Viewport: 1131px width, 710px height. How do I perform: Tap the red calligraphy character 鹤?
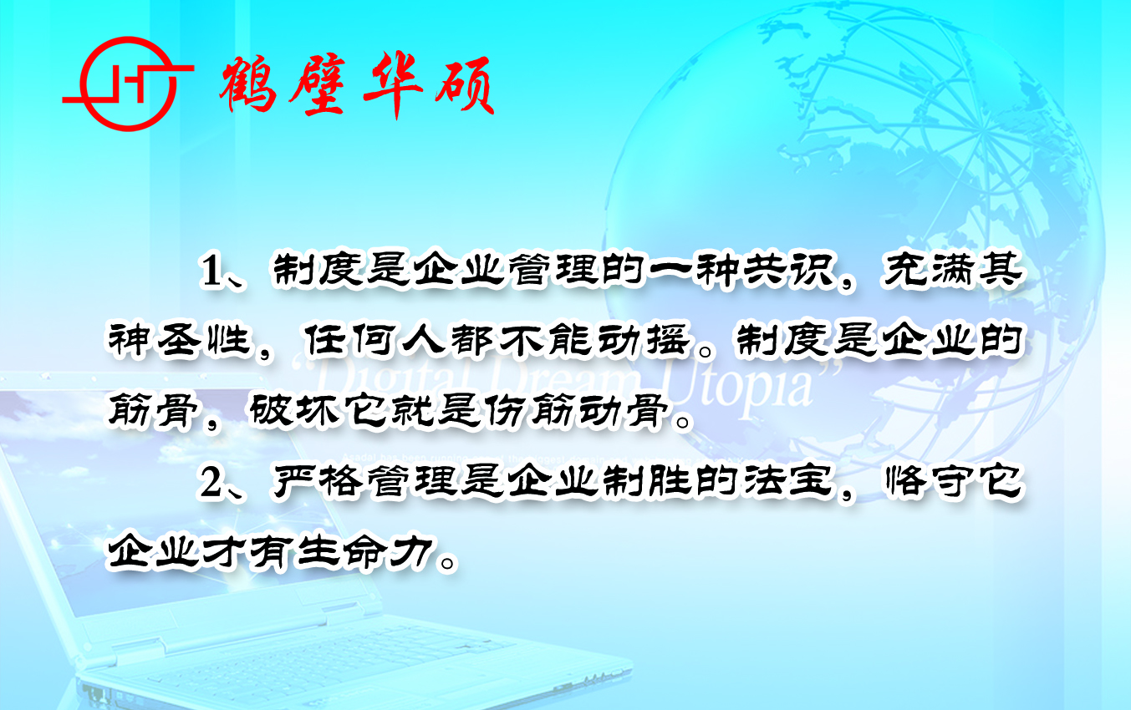[x=248, y=84]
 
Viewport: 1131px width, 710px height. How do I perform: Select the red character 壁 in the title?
[x=319, y=84]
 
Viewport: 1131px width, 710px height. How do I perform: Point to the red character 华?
[x=393, y=84]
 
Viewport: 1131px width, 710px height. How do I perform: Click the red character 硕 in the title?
[x=465, y=84]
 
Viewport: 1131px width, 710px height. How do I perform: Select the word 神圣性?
[x=180, y=340]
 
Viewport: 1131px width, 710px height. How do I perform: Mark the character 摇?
[x=668, y=340]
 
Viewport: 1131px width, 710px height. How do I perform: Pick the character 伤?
[x=506, y=411]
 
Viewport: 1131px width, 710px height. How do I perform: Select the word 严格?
[x=318, y=483]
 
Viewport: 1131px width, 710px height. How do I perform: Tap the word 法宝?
[x=788, y=483]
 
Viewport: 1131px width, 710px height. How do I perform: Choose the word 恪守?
[x=929, y=483]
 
